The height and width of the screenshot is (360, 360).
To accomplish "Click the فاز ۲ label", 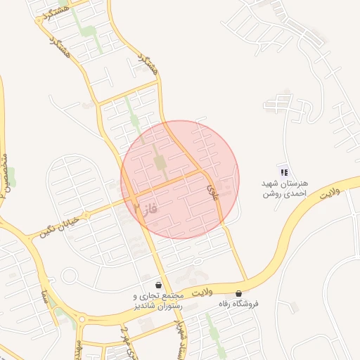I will coord(143,208).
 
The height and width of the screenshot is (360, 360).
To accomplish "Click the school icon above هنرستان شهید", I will coord(283,171).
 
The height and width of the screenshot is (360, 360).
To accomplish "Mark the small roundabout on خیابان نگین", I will coord(87,213).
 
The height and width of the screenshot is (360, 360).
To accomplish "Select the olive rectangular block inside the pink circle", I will coord(160,163).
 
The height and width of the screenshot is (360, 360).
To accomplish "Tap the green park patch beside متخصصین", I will coord(11,175).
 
